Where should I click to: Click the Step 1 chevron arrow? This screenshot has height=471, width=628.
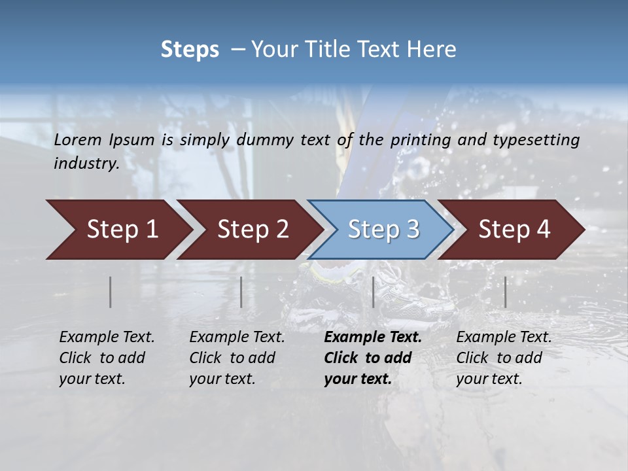pyautogui.click(x=118, y=230)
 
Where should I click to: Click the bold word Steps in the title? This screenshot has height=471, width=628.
pyautogui.click(x=190, y=50)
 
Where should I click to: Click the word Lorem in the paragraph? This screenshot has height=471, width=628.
pyautogui.click(x=77, y=139)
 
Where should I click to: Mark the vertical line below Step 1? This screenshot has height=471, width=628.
pyautogui.click(x=111, y=292)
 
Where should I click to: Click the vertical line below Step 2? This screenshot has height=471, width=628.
pyautogui.click(x=241, y=292)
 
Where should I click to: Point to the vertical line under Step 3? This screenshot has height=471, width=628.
pyautogui.click(x=373, y=292)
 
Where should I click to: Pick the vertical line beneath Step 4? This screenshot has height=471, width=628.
pyautogui.click(x=505, y=292)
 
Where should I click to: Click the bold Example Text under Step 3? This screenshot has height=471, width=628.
pyautogui.click(x=373, y=338)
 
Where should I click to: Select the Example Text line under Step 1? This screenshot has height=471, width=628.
pyautogui.click(x=107, y=338)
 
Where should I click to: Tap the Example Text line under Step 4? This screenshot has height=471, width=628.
pyautogui.click(x=504, y=338)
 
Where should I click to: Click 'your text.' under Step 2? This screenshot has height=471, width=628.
pyautogui.click(x=222, y=379)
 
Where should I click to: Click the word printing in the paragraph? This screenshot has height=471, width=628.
pyautogui.click(x=420, y=139)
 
